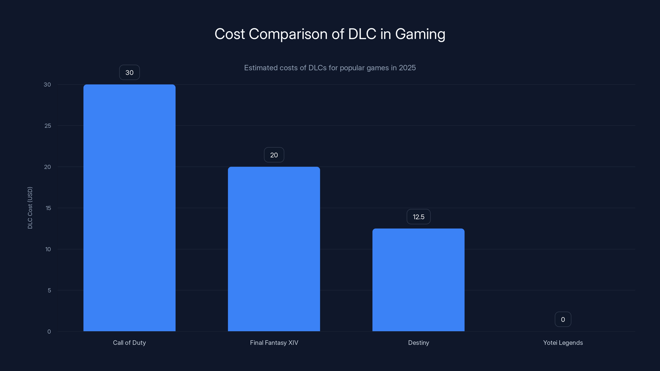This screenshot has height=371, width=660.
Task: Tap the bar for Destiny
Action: pos(418,280)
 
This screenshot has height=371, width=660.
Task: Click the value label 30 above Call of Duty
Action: pos(129,73)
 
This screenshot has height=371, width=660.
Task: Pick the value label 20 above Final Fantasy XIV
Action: pos(274,155)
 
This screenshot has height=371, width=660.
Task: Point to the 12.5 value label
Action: pos(418,217)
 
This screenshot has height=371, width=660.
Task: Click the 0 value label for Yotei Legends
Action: pos(563,319)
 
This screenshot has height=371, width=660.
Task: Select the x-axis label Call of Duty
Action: pos(129,343)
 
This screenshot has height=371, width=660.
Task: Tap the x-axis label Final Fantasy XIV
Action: pos(274,343)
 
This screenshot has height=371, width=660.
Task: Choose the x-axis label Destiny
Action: pos(418,343)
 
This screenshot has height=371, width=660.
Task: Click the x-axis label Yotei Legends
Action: pos(563,343)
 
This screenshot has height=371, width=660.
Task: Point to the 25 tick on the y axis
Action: pos(48,126)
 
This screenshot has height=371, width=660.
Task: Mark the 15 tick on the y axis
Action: pos(48,208)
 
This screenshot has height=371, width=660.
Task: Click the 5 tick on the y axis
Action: pos(49,290)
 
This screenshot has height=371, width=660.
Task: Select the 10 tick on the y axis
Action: pos(48,249)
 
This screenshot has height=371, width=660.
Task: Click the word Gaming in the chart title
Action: pos(420,34)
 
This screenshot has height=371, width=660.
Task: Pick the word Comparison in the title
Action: pos(288,34)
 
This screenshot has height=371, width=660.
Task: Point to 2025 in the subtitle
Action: pos(407,68)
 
